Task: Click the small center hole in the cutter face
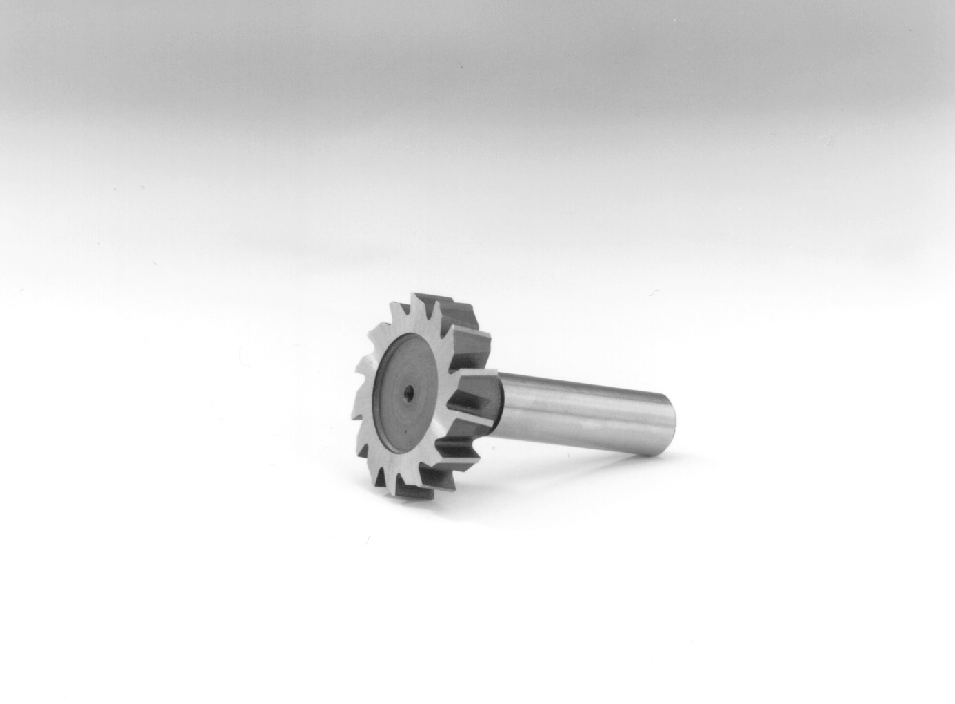(409, 392)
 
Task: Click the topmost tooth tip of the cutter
(414, 295)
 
